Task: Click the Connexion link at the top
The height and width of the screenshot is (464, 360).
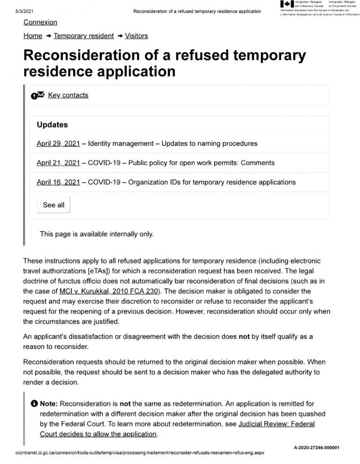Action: coord(40,22)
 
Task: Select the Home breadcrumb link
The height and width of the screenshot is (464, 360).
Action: coord(33,36)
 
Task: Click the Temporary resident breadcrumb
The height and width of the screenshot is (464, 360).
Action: coord(84,36)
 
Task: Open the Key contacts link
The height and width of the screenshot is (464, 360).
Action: coord(68,95)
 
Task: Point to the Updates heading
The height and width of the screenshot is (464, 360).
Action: coord(52,125)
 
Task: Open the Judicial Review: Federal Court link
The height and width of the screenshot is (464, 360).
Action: coord(277,424)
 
